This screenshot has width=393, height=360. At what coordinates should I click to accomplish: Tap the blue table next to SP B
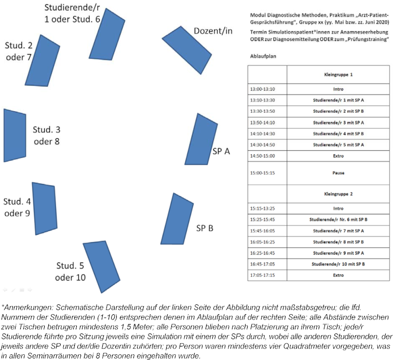coord(173,219)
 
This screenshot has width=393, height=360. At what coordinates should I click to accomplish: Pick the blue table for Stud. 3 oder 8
coord(15,135)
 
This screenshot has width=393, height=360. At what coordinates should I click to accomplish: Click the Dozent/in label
coord(213,31)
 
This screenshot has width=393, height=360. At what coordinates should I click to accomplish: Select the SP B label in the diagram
coord(205,228)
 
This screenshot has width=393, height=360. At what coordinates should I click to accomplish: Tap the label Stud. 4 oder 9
coord(17,207)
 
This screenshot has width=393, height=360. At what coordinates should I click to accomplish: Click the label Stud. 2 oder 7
coord(19,51)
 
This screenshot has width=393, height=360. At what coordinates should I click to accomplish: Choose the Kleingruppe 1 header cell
coord(337,75)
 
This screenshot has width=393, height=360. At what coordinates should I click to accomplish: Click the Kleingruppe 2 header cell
coord(337,194)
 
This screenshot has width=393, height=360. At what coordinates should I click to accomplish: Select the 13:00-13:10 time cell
coord(267,89)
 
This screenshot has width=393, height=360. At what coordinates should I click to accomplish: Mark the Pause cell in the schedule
coord(337,172)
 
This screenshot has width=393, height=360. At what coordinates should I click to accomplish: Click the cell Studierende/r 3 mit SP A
coord(337,123)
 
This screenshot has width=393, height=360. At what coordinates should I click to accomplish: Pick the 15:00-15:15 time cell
coord(267,172)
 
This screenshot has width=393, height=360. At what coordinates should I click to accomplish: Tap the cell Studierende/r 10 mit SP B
coord(337,264)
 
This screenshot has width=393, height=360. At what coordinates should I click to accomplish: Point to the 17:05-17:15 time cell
coord(267,275)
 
